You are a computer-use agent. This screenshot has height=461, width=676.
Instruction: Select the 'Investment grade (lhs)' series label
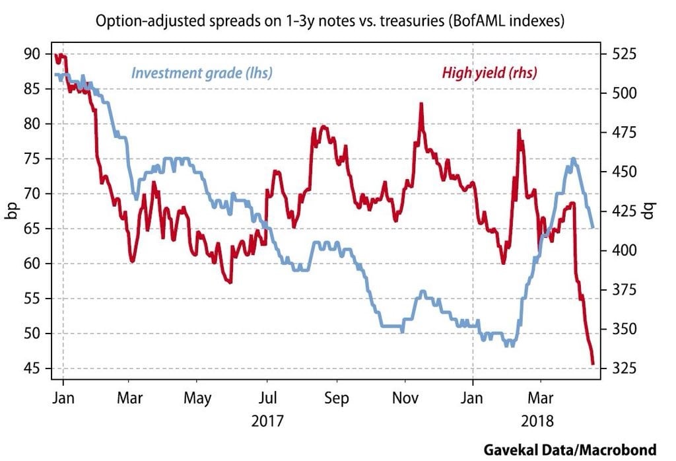pos(202,73)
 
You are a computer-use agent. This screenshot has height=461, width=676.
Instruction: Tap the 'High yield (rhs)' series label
pos(489,73)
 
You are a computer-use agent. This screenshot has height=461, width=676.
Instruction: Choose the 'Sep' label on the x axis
pos(337,399)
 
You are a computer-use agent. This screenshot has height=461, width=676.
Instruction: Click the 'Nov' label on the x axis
pos(405,399)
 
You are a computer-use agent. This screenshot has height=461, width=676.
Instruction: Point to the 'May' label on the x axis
pos(198,399)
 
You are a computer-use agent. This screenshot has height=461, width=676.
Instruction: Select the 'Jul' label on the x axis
pos(267,399)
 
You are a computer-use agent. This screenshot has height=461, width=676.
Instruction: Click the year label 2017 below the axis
pos(267,421)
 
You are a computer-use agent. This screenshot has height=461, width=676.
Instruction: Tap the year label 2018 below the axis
pos(539,421)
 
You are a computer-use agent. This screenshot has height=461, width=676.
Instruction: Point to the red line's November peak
pos(419,104)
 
